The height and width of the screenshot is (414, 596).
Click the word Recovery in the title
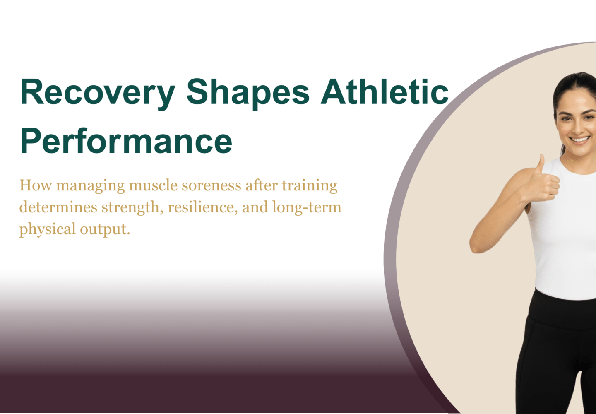coord(98,94)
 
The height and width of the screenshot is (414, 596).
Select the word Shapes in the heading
coord(248,94)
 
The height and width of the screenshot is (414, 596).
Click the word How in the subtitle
coord(36,185)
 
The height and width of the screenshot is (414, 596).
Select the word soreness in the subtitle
coord(211,185)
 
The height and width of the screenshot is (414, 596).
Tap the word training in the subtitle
coord(310,186)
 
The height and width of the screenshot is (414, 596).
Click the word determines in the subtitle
coord(58,207)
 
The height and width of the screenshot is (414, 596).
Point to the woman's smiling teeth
coord(580,140)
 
